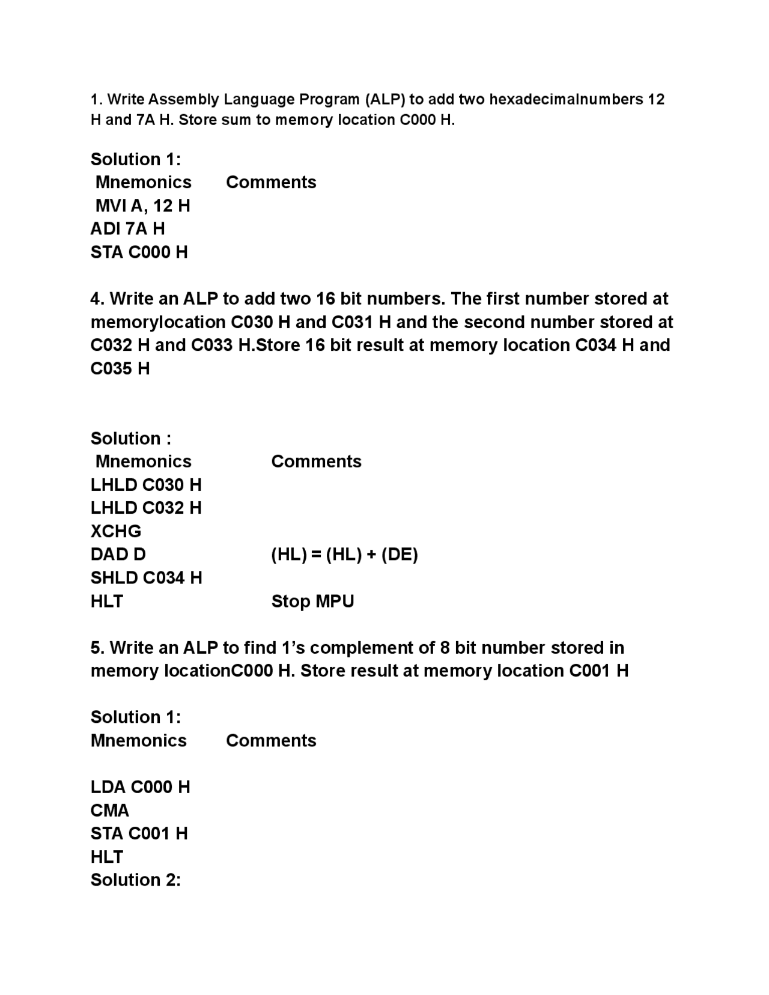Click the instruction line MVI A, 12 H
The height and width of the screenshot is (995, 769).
[x=142, y=205]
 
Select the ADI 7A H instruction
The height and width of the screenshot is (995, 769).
[x=127, y=228]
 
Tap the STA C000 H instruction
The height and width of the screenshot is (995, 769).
[x=139, y=252]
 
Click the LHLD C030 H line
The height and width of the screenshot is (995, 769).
[x=146, y=484]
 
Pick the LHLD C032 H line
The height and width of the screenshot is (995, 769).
[x=146, y=508]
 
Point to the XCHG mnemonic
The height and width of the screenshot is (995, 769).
[x=116, y=531]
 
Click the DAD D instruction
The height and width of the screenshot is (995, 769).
[x=118, y=554]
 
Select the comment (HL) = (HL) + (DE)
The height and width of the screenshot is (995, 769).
[x=344, y=554]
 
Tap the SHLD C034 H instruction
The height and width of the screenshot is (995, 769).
[x=146, y=577]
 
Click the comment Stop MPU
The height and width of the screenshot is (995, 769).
[x=312, y=601]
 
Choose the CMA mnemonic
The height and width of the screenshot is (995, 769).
[x=110, y=810]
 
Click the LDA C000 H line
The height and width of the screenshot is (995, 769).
[x=140, y=787]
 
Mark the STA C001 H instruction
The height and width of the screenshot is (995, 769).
[x=139, y=833]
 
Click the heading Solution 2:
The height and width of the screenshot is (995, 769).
[x=136, y=880]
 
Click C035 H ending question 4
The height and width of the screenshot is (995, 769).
[x=120, y=368]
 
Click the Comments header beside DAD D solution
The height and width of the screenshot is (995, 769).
[x=316, y=461]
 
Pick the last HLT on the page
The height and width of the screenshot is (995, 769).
[x=107, y=857]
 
